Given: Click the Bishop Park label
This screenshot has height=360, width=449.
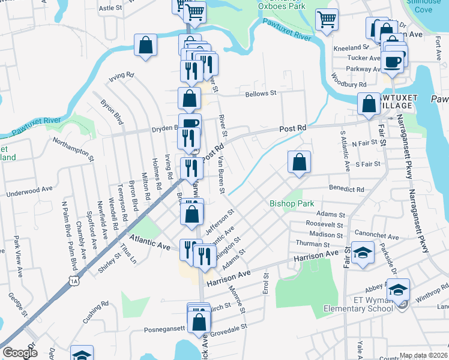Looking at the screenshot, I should (292, 204).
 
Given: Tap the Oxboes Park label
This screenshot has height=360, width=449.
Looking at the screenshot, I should (282, 7).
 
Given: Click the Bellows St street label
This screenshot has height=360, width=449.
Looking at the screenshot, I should (259, 94).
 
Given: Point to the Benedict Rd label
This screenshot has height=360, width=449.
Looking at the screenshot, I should (346, 189).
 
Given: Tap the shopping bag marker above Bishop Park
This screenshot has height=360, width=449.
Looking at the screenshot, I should (298, 161).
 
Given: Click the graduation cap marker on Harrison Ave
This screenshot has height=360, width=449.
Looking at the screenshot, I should (362, 253).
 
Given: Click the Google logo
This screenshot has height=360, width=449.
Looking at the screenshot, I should (20, 353).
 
